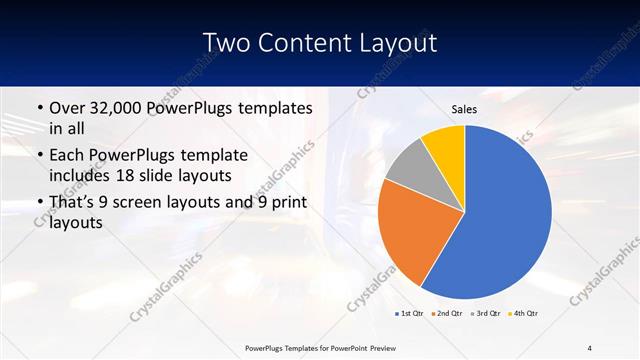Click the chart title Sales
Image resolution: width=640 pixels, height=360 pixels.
(x=465, y=109)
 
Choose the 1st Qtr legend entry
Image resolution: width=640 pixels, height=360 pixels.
(x=409, y=313)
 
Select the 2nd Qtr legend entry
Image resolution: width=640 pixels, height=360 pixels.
(x=445, y=313)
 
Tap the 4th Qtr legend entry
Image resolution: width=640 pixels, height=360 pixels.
(x=523, y=313)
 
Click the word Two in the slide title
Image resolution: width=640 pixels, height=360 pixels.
(x=225, y=43)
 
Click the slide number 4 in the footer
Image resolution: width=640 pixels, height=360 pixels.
(x=590, y=348)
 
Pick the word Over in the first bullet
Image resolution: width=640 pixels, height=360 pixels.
(x=68, y=108)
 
